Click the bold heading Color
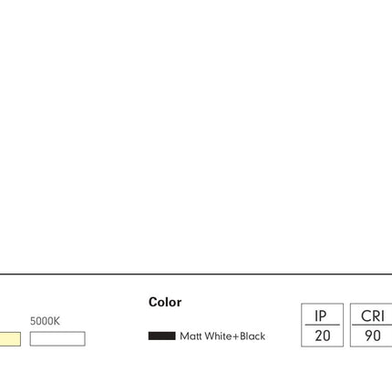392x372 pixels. tap(165, 302)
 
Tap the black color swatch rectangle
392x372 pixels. tap(161, 336)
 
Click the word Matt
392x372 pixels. tap(191, 336)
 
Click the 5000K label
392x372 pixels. tap(45, 321)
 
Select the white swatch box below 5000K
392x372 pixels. tap(57, 338)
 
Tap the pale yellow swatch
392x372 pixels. tap(10, 339)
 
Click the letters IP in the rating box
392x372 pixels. tap(321, 316)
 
